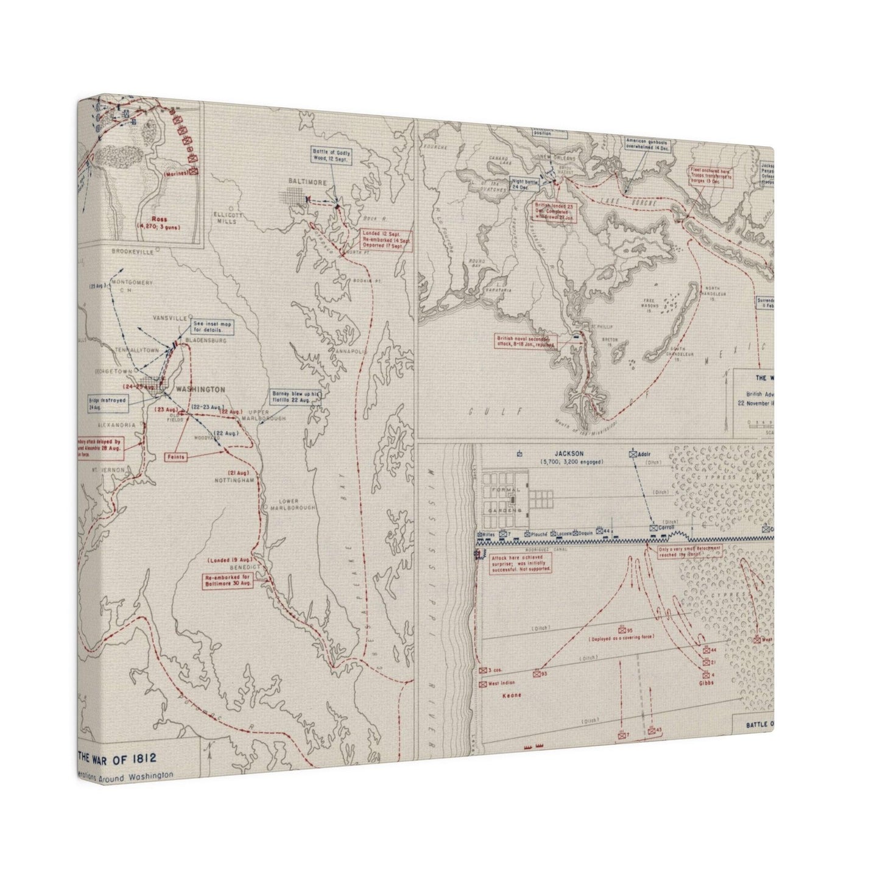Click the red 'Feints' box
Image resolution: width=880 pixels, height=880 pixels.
click(178, 456)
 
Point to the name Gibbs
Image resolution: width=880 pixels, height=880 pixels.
click(706, 683)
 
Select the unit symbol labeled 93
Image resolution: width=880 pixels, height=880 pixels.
click(537, 674)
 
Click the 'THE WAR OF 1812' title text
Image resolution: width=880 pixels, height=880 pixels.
click(117, 758)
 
